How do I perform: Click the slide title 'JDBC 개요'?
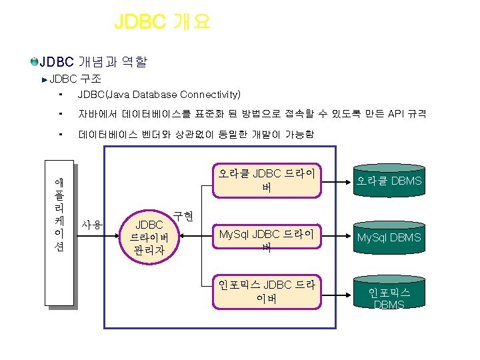pos(162,21)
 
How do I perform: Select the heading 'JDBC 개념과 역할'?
pos(93,63)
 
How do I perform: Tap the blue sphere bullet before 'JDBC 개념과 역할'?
pos(34,63)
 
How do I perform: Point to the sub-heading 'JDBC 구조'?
pos(74,79)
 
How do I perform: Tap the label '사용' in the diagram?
pos(91,225)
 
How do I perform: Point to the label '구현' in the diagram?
pos(183,216)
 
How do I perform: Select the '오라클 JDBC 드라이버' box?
pos(266,181)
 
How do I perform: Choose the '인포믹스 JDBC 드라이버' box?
pos(266,292)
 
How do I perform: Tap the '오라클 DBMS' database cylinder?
pos(389,181)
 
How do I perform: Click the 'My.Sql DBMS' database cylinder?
pos(389,237)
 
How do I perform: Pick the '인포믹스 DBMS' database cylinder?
pos(389,297)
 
